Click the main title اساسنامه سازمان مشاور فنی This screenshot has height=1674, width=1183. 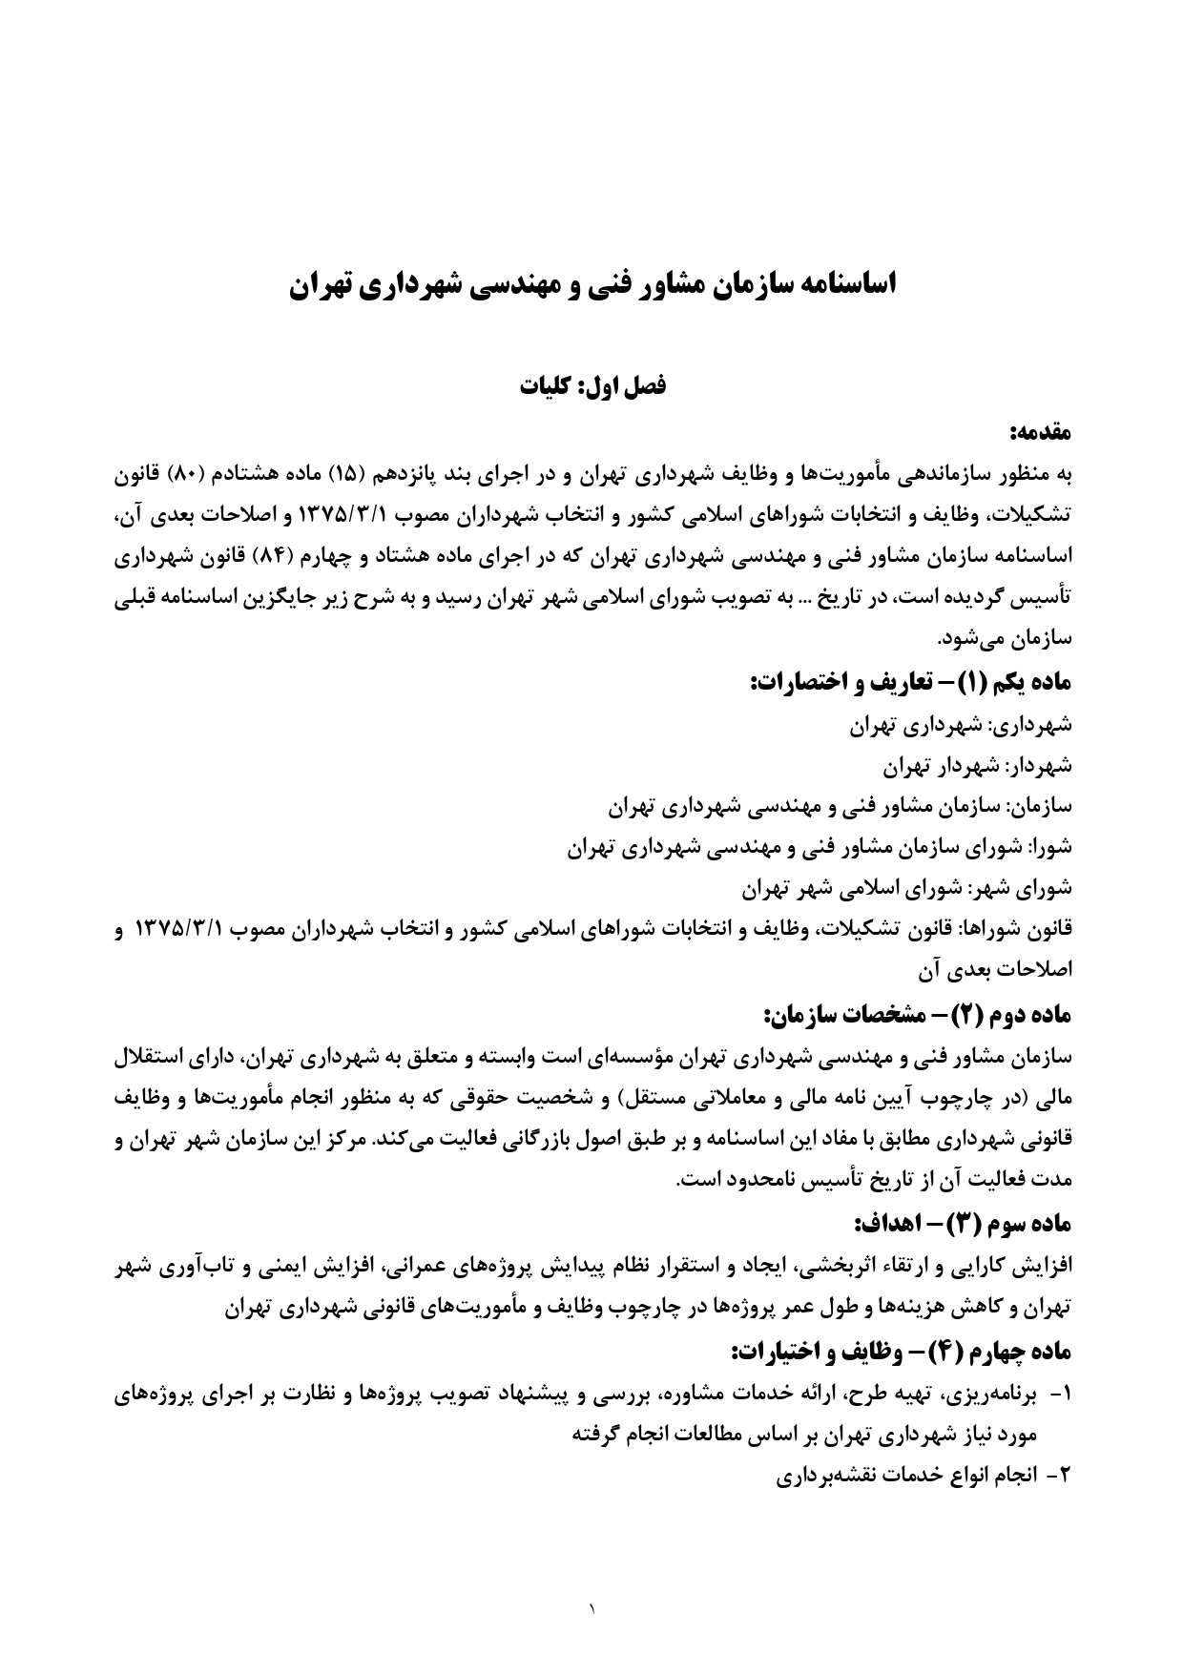coord(591,285)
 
